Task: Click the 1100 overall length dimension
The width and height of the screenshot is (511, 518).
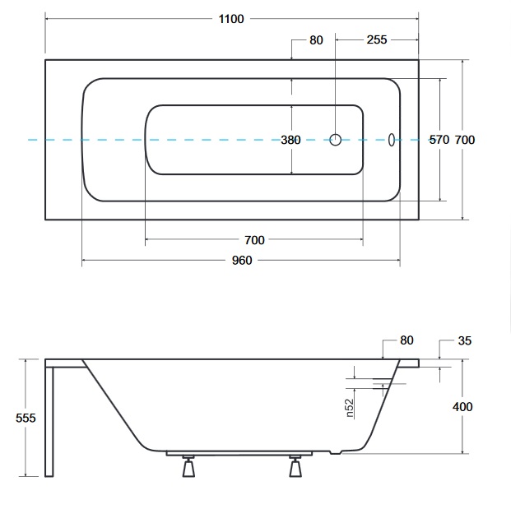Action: tap(231, 19)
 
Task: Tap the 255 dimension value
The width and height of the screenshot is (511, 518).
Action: tap(377, 39)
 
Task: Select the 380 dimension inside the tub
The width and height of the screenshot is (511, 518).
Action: tap(290, 140)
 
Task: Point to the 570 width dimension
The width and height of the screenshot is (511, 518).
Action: tap(439, 140)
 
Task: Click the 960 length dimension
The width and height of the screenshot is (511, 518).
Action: tap(242, 261)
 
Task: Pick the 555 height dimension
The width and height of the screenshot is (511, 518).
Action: tap(26, 418)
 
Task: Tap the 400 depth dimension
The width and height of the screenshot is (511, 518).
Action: tap(462, 407)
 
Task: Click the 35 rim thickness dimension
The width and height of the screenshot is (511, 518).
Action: tap(465, 340)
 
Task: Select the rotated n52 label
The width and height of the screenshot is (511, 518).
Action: tap(350, 408)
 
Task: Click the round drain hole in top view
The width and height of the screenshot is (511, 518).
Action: tap(336, 140)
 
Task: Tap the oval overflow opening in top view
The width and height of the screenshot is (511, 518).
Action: tap(392, 140)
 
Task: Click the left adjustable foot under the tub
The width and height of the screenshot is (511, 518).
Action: tap(188, 466)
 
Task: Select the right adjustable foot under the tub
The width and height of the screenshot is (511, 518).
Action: tap(295, 466)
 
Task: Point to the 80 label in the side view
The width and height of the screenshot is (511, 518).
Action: tap(406, 340)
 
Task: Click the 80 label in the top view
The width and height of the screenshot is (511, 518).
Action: tap(316, 40)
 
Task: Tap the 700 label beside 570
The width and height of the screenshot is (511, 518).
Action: tap(465, 140)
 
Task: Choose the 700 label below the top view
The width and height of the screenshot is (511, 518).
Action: tap(254, 240)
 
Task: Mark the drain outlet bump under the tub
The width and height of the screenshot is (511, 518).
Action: tap(336, 452)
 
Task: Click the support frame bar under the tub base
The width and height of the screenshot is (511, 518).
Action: tap(239, 453)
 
